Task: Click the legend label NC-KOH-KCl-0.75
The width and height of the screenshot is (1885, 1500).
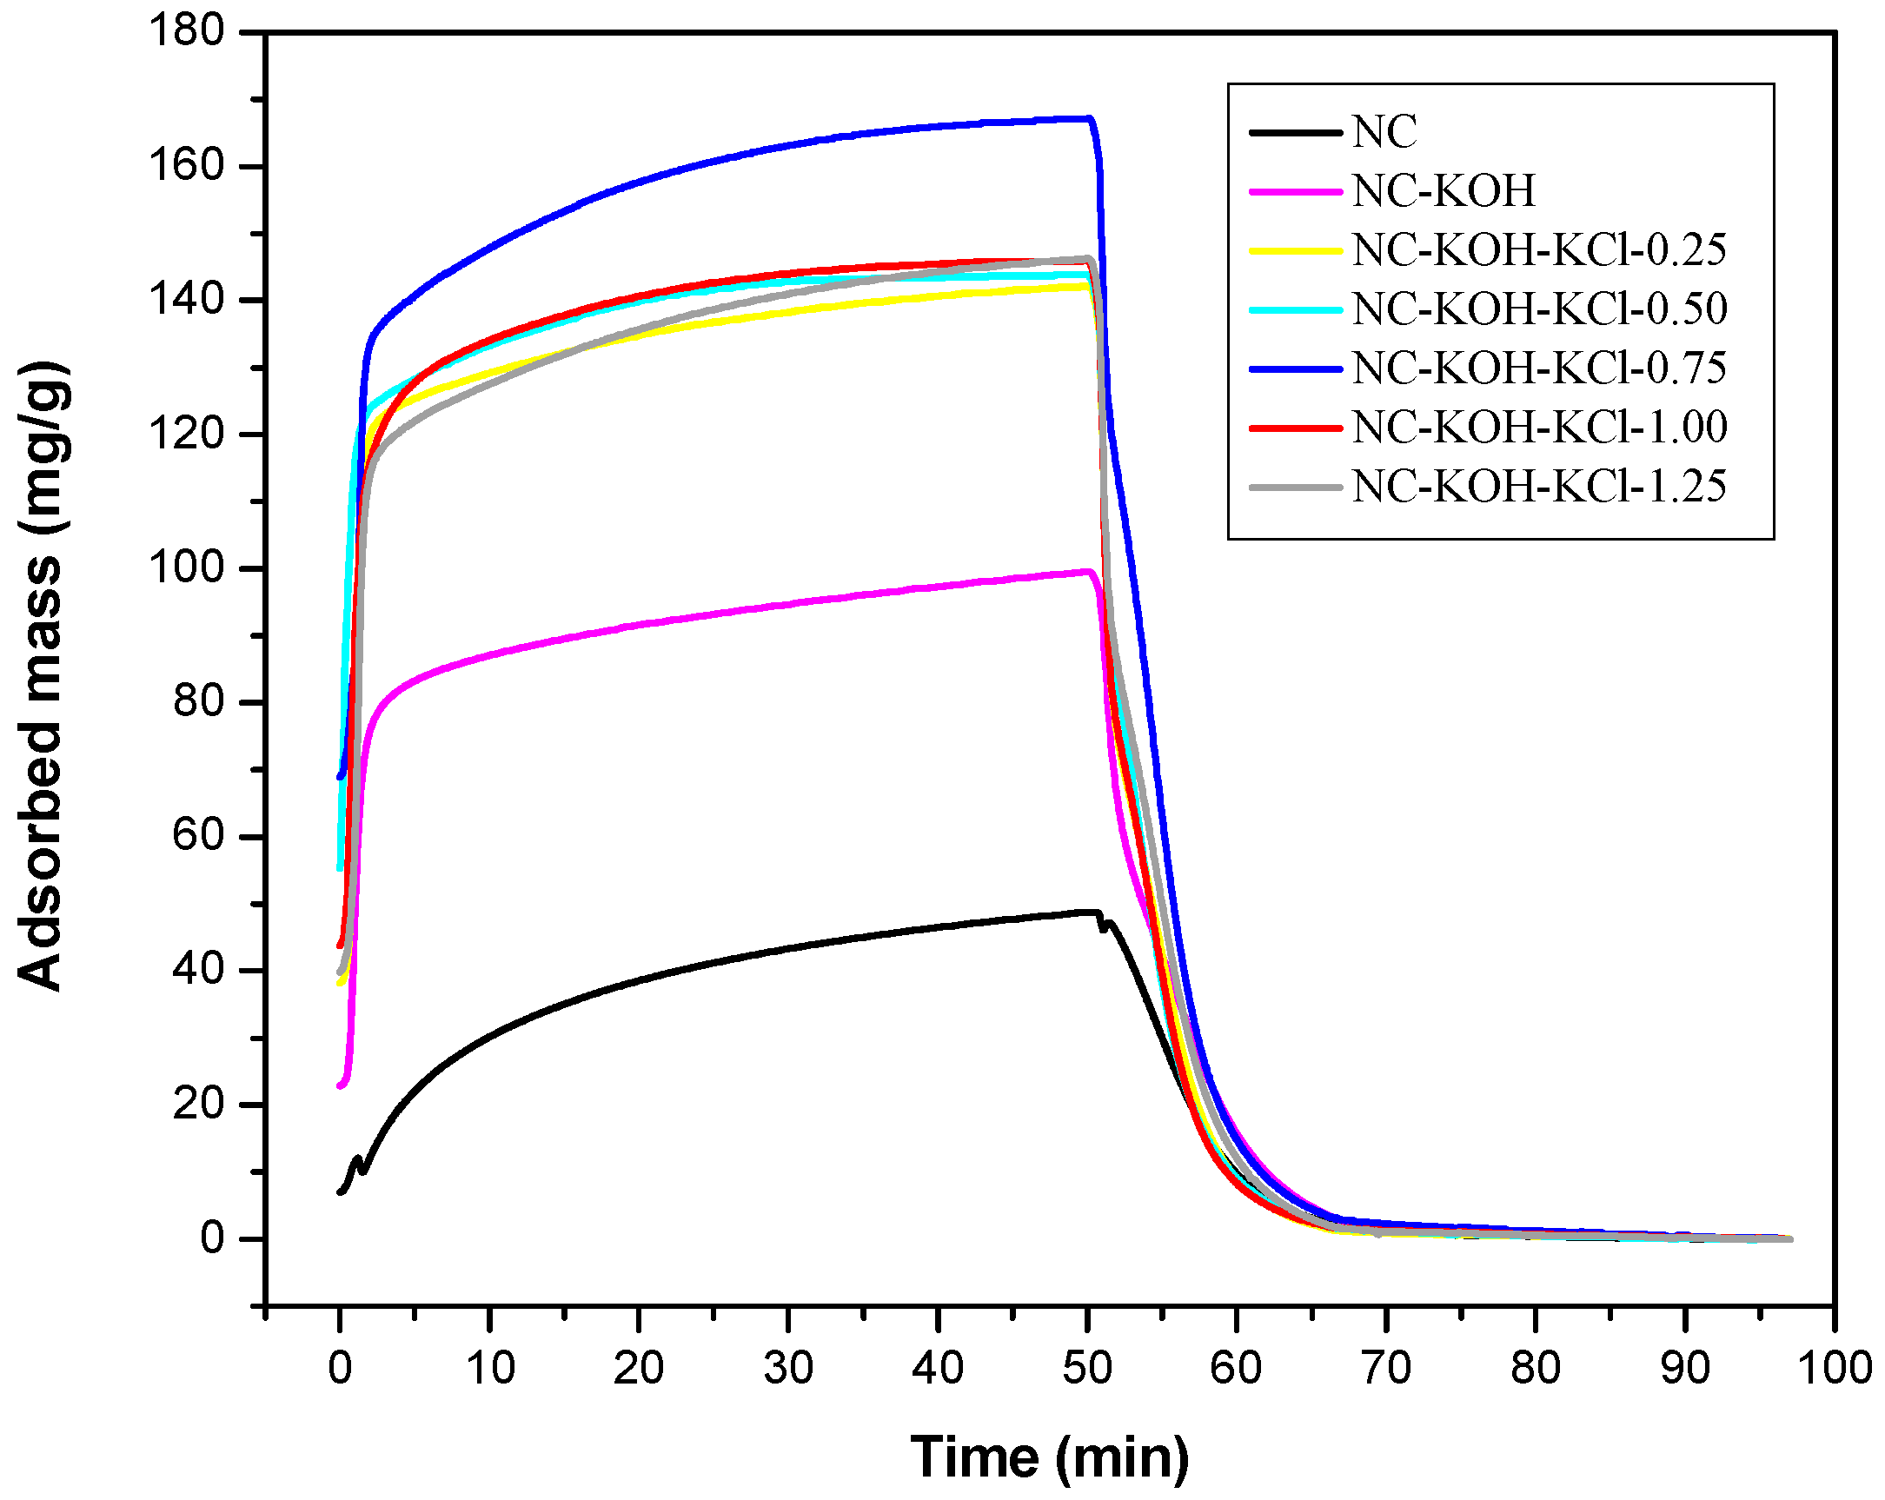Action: click(1540, 368)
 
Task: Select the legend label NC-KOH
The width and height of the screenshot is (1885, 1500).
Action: click(1444, 190)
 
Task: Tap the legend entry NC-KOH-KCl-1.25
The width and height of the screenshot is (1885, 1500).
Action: click(1540, 486)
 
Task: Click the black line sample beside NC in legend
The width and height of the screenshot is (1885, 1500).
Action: click(1296, 133)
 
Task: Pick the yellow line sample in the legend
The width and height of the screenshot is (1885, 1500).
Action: click(1296, 250)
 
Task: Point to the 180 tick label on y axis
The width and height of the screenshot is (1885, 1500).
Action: click(187, 31)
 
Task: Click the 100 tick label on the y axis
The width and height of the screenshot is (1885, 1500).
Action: click(187, 568)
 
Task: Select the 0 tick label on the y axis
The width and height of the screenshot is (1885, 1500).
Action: click(212, 1238)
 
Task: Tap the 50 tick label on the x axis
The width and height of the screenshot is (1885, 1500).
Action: click(1086, 1368)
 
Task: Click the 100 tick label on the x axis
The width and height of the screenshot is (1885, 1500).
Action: click(1834, 1368)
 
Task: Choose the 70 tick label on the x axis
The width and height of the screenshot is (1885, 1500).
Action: click(1386, 1368)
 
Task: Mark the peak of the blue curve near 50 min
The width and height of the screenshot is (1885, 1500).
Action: click(1086, 118)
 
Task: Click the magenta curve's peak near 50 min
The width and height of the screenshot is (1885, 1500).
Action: click(1086, 572)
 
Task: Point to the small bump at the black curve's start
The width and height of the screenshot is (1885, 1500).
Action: click(356, 1161)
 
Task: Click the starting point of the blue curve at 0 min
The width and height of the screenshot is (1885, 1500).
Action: click(340, 776)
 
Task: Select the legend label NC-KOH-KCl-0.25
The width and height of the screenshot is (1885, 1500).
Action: click(1540, 250)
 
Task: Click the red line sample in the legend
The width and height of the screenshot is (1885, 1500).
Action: click(1296, 428)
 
